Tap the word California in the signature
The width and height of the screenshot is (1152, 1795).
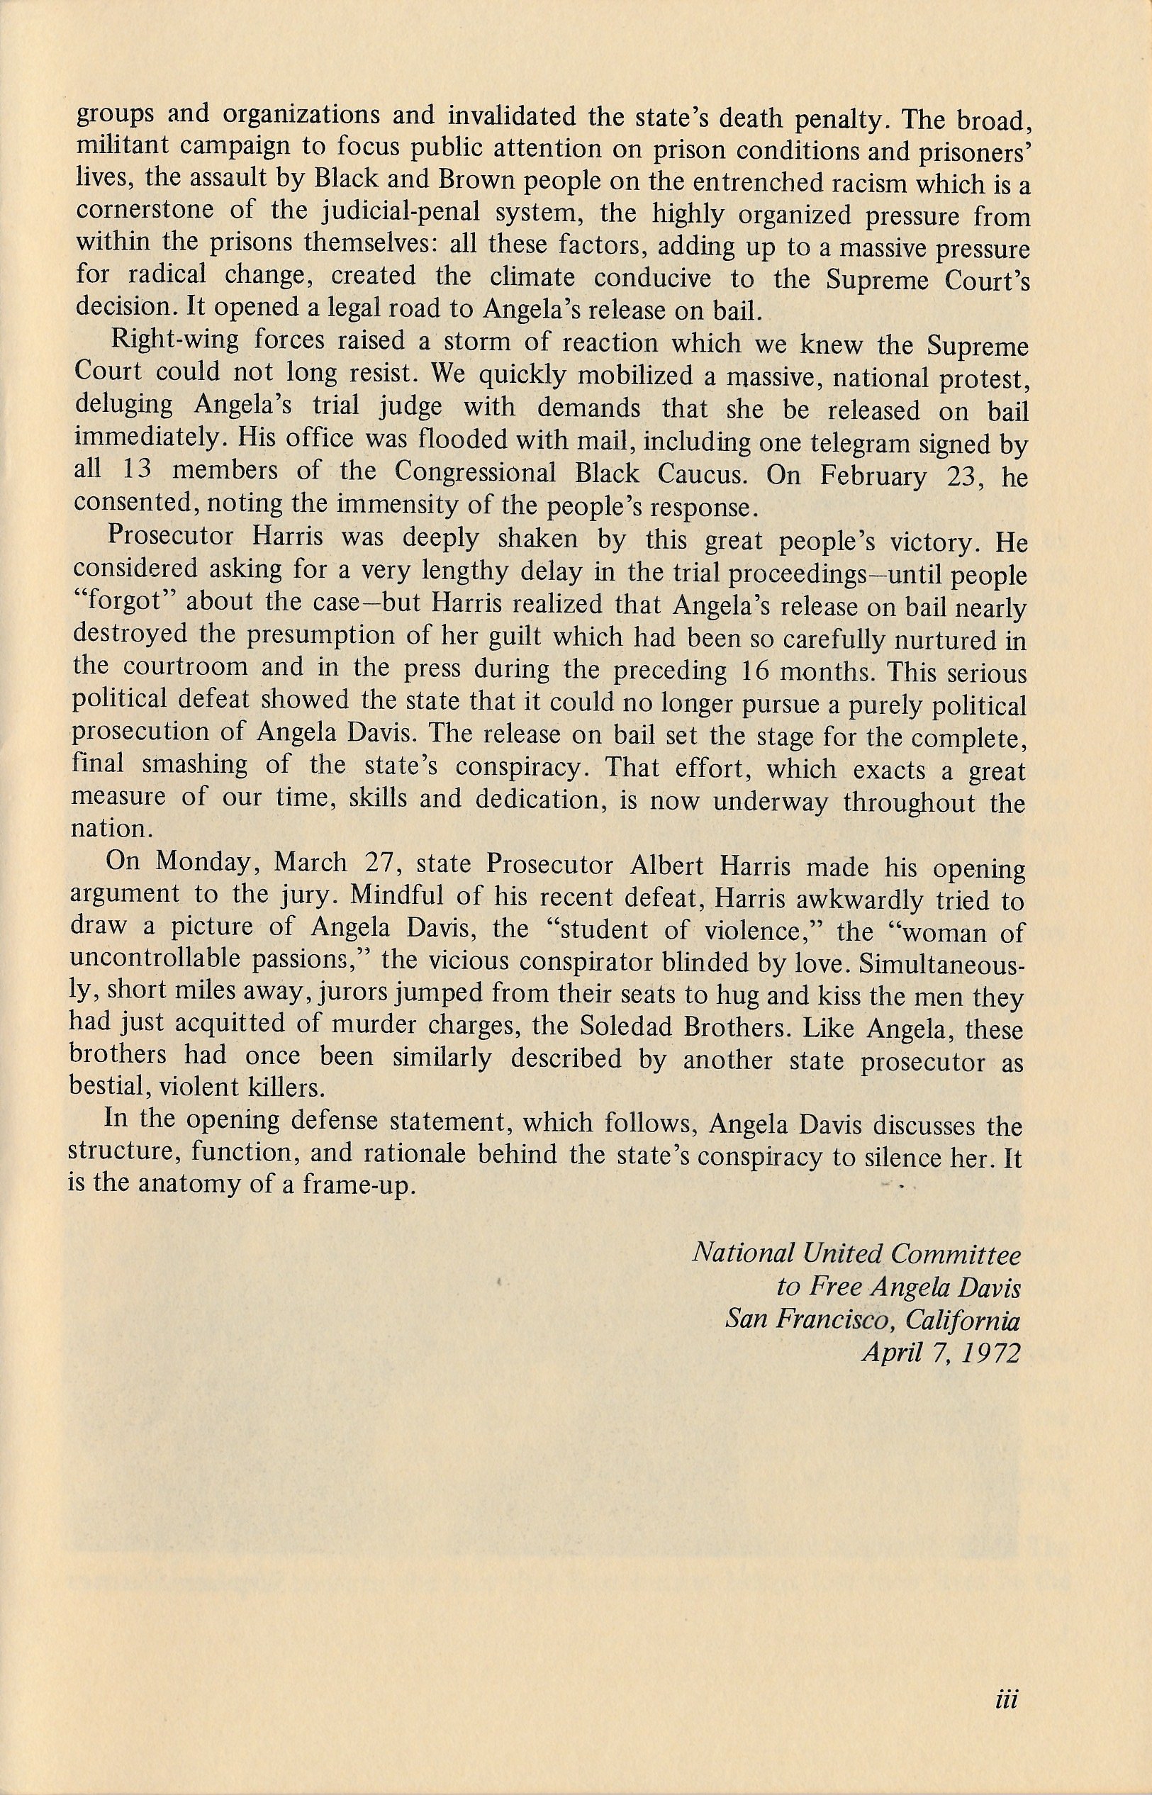pyautogui.click(x=961, y=1320)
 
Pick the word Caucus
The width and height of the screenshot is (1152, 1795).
pyautogui.click(x=697, y=474)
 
